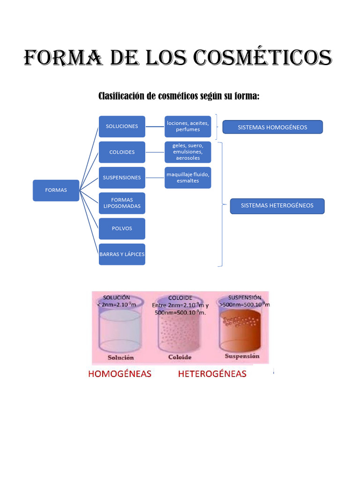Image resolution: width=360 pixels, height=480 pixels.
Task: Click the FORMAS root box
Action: [x=56, y=190]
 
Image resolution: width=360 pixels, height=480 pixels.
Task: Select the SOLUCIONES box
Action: [x=122, y=127]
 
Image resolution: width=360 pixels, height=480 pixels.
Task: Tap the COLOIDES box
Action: [x=122, y=152]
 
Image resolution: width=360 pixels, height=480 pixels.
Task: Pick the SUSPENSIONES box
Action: [x=122, y=178]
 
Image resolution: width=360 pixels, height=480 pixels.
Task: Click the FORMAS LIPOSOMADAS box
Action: [x=122, y=203]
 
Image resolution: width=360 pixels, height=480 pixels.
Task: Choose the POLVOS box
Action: [x=122, y=229]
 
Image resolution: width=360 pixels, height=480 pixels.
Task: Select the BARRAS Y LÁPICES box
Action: [x=122, y=255]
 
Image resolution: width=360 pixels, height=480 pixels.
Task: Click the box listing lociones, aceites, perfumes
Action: [x=187, y=127]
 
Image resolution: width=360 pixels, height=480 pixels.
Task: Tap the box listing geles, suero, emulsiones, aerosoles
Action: [x=187, y=152]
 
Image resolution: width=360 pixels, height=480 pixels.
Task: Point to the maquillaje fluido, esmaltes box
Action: [x=187, y=178]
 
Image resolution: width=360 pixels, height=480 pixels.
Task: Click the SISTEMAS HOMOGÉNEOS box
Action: [x=272, y=127]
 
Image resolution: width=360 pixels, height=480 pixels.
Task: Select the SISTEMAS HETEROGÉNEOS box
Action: [x=277, y=206]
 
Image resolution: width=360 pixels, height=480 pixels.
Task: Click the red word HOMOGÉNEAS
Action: [x=120, y=374]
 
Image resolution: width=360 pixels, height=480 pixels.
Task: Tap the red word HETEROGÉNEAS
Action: [x=212, y=374]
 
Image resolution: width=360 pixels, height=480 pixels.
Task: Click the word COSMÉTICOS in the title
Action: [x=262, y=57]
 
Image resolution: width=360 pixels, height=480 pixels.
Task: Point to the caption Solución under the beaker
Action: [x=120, y=358]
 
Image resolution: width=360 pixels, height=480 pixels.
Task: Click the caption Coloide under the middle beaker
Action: [x=180, y=357]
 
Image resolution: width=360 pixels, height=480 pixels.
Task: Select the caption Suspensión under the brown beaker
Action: [x=242, y=356]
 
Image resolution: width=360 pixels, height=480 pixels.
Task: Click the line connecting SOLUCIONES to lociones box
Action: [x=155, y=127]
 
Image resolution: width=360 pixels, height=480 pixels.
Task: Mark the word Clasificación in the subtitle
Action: [x=121, y=96]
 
